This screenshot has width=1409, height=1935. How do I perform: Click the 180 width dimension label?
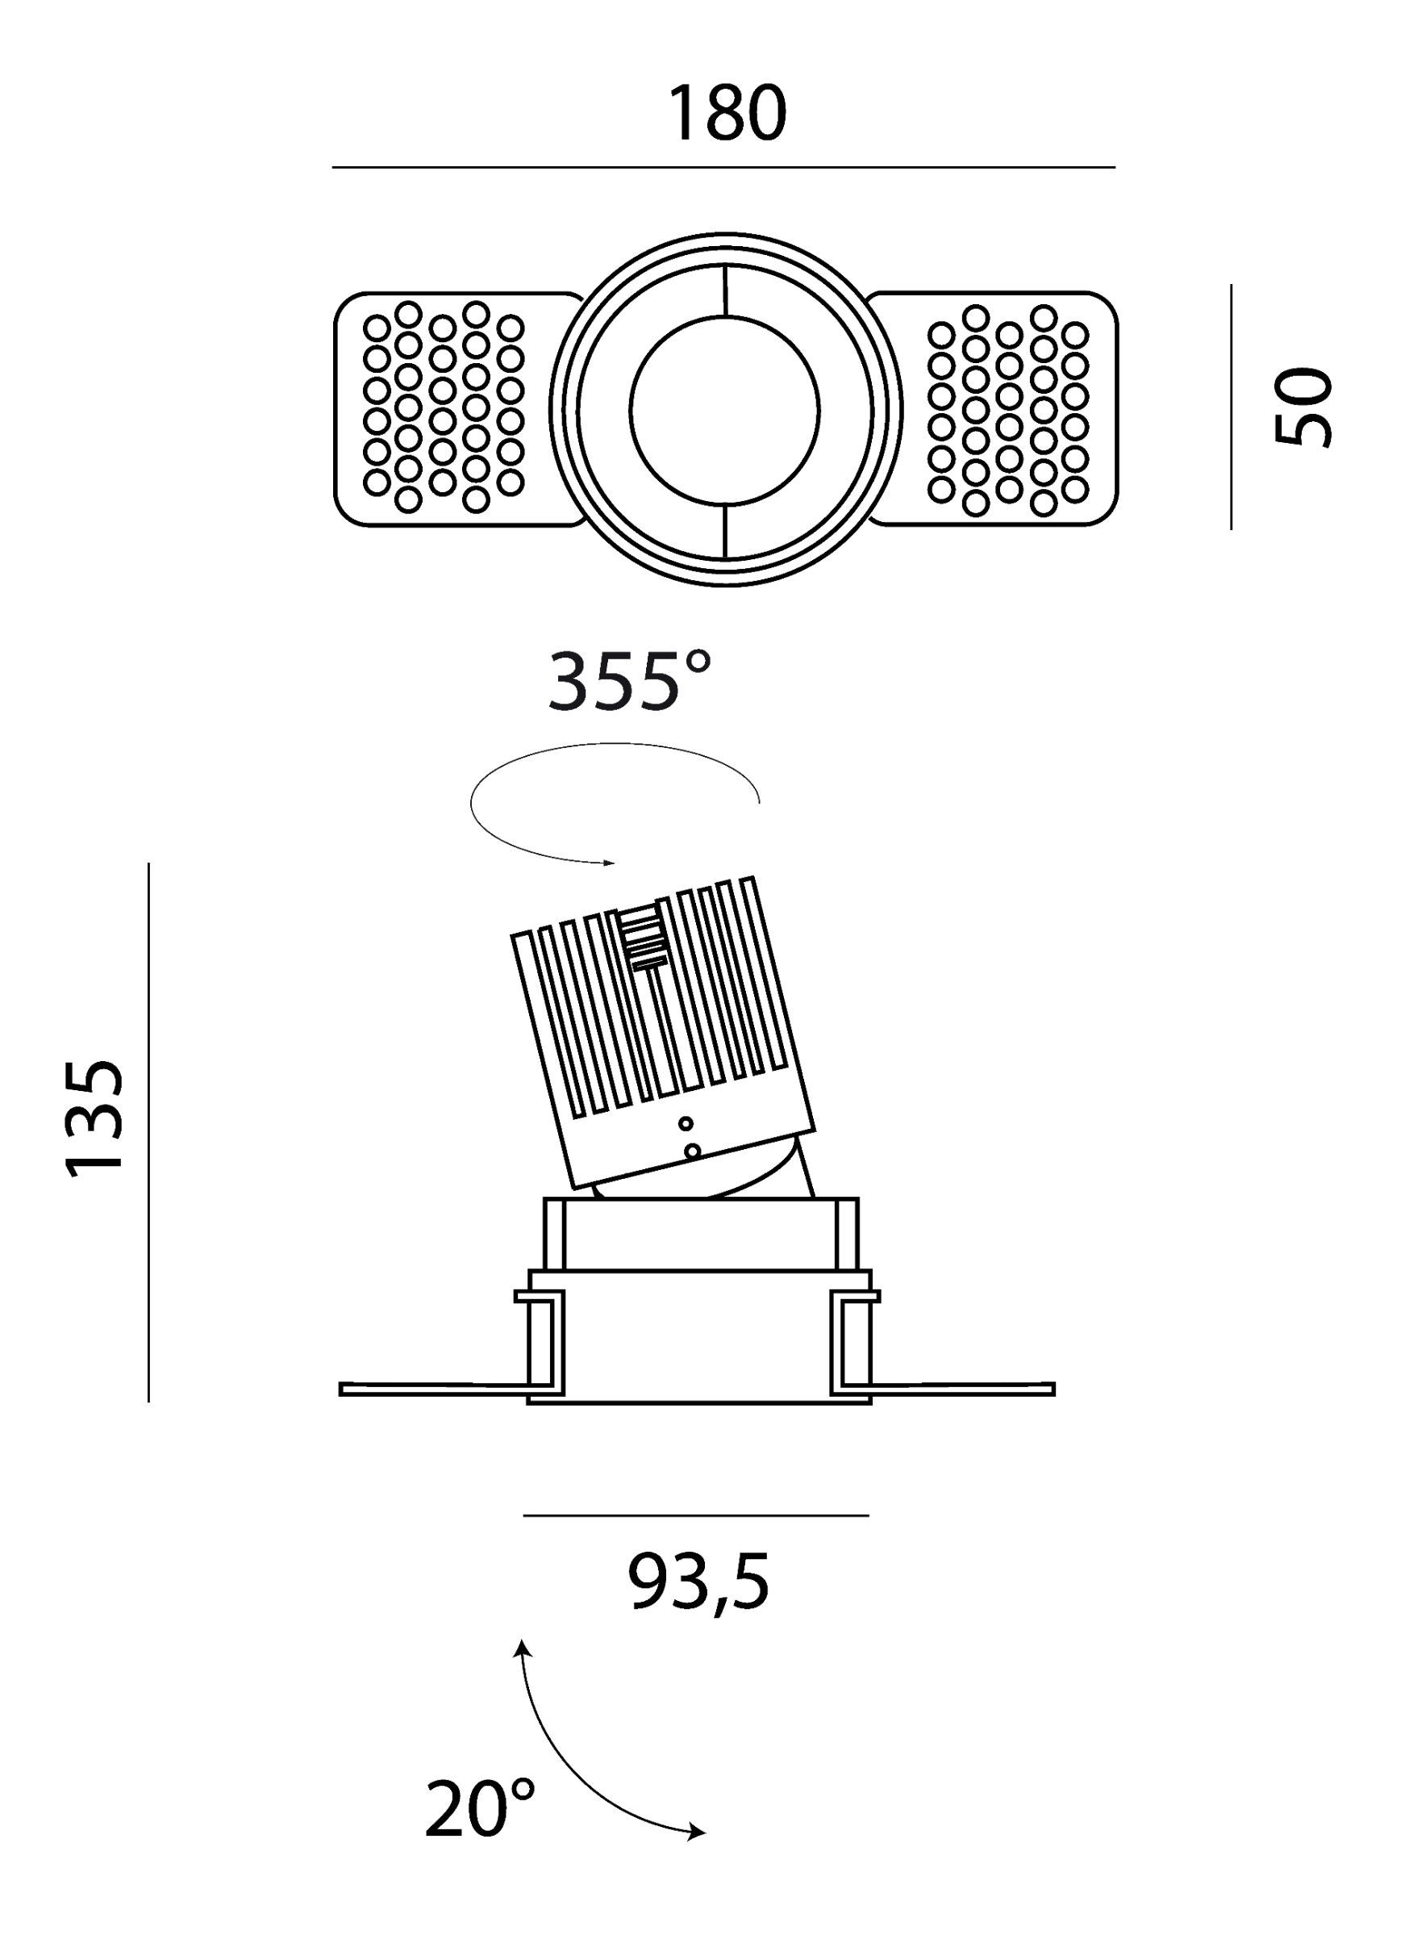(727, 114)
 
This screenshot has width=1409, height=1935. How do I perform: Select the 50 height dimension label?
(1303, 405)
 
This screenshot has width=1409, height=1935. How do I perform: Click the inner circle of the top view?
(725, 410)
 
